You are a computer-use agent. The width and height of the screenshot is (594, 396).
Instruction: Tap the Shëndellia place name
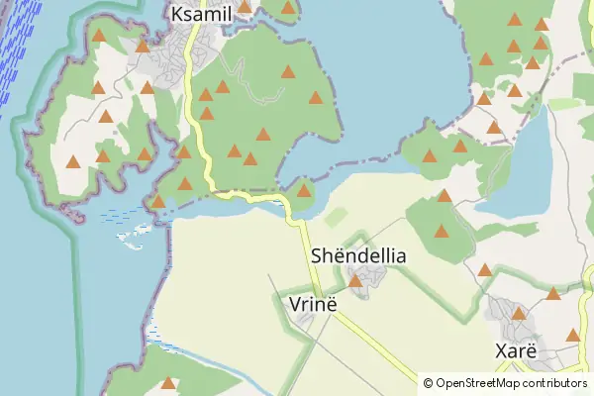[358, 255]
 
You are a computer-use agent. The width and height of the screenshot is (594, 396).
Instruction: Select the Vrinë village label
[313, 303]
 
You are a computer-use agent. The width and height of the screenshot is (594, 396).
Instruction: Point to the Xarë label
[515, 351]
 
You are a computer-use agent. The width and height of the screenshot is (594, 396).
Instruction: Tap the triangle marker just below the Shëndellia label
[355, 281]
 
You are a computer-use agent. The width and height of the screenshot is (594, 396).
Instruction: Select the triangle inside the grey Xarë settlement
[517, 314]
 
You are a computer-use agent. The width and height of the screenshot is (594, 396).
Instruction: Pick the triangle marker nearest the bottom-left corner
[168, 383]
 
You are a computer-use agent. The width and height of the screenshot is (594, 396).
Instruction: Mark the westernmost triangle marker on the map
[72, 161]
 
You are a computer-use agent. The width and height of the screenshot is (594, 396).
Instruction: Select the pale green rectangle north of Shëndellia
[337, 217]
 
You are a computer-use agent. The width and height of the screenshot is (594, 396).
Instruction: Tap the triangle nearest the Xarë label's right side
[572, 335]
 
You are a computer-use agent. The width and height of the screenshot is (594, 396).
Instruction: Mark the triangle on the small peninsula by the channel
[304, 190]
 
